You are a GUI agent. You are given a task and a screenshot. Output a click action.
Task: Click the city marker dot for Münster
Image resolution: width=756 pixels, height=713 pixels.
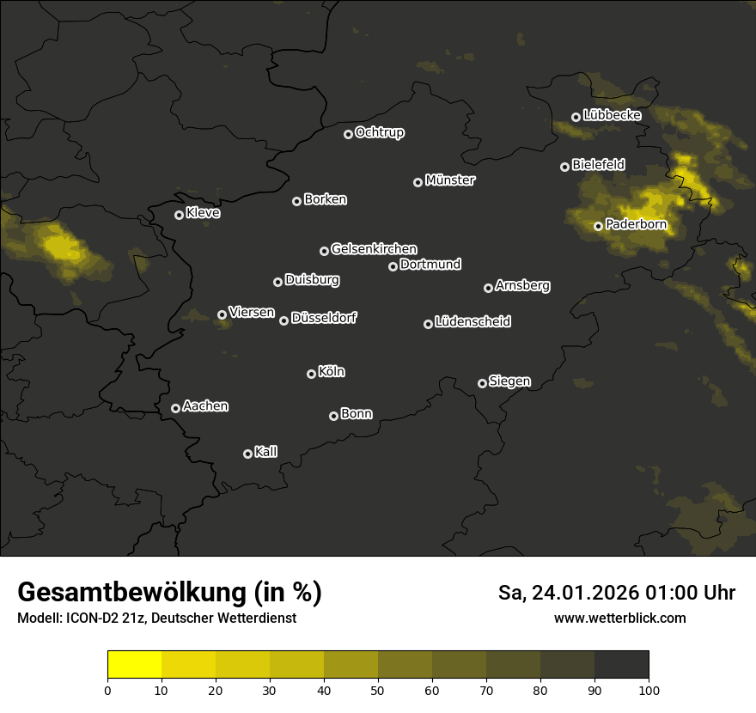click(418, 182)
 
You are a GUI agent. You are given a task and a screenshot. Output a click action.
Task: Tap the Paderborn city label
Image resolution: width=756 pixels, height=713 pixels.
click(636, 225)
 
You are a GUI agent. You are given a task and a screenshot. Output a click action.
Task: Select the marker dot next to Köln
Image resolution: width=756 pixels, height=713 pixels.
click(311, 374)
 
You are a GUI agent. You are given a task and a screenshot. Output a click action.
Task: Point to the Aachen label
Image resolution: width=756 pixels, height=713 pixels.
click(205, 406)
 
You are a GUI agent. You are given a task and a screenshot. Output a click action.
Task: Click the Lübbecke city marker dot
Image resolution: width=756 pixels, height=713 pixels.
click(576, 117)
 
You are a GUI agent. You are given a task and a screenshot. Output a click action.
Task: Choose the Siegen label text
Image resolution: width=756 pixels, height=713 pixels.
click(509, 381)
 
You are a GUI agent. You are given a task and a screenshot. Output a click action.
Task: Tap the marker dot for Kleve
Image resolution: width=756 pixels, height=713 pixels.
click(179, 215)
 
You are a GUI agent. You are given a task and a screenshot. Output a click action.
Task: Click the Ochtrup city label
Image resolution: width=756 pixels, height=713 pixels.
click(379, 133)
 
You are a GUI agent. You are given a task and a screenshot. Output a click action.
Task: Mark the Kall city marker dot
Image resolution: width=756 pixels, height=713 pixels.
click(247, 454)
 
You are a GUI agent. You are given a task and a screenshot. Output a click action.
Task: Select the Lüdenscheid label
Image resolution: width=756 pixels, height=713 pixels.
click(472, 322)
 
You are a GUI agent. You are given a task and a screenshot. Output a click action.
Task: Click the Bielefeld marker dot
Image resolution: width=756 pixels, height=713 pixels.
click(564, 167)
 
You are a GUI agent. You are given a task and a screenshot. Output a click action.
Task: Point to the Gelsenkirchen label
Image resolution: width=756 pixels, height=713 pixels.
click(374, 249)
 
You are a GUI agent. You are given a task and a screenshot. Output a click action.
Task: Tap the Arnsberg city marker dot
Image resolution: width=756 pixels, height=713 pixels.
click(488, 288)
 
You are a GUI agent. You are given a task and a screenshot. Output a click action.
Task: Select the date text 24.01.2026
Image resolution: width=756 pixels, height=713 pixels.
click(586, 593)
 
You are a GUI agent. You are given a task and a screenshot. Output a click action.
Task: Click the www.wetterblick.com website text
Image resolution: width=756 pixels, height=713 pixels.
click(619, 618)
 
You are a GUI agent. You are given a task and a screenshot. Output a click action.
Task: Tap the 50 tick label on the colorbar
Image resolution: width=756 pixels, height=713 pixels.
click(378, 690)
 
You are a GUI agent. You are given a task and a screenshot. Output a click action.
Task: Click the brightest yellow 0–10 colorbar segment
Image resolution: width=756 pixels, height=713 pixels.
click(135, 665)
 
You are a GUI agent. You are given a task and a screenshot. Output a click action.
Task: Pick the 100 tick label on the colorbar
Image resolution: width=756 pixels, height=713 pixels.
click(649, 690)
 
